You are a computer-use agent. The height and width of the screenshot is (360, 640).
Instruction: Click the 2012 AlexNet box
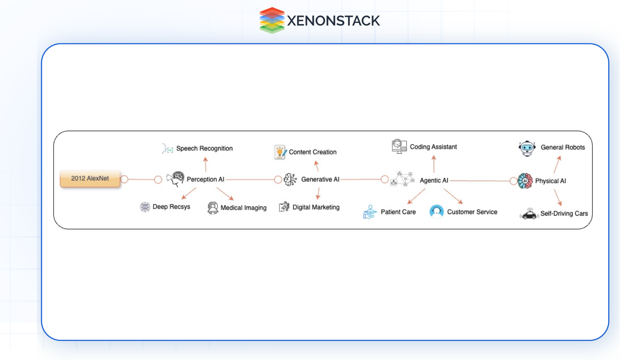click(90, 179)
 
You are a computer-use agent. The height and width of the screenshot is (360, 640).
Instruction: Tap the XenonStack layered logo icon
click(272, 20)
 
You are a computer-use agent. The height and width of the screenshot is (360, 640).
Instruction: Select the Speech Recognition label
click(204, 148)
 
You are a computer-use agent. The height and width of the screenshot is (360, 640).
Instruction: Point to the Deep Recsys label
click(171, 207)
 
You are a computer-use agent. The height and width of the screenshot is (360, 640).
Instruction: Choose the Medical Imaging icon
click(213, 208)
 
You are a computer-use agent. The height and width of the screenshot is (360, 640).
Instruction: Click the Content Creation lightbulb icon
click(280, 152)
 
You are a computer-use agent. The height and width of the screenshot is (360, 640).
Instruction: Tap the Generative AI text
click(320, 179)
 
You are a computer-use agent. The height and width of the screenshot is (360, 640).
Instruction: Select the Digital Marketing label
click(316, 207)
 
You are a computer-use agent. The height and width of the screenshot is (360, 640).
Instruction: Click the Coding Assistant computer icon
click(399, 146)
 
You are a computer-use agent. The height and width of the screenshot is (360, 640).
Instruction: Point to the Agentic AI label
click(434, 180)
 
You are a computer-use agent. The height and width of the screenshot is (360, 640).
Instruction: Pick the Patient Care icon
click(370, 212)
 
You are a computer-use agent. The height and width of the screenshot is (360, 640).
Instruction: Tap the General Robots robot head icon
click(527, 148)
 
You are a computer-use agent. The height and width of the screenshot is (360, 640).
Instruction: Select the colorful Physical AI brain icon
click(525, 181)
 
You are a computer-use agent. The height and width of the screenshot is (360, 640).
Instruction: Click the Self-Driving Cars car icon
click(529, 214)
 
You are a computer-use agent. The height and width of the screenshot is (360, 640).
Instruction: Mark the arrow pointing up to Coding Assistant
click(434, 164)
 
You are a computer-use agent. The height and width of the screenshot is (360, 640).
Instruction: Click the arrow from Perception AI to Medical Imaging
click(225, 194)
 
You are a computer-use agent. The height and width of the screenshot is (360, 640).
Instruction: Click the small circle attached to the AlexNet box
click(124, 179)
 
